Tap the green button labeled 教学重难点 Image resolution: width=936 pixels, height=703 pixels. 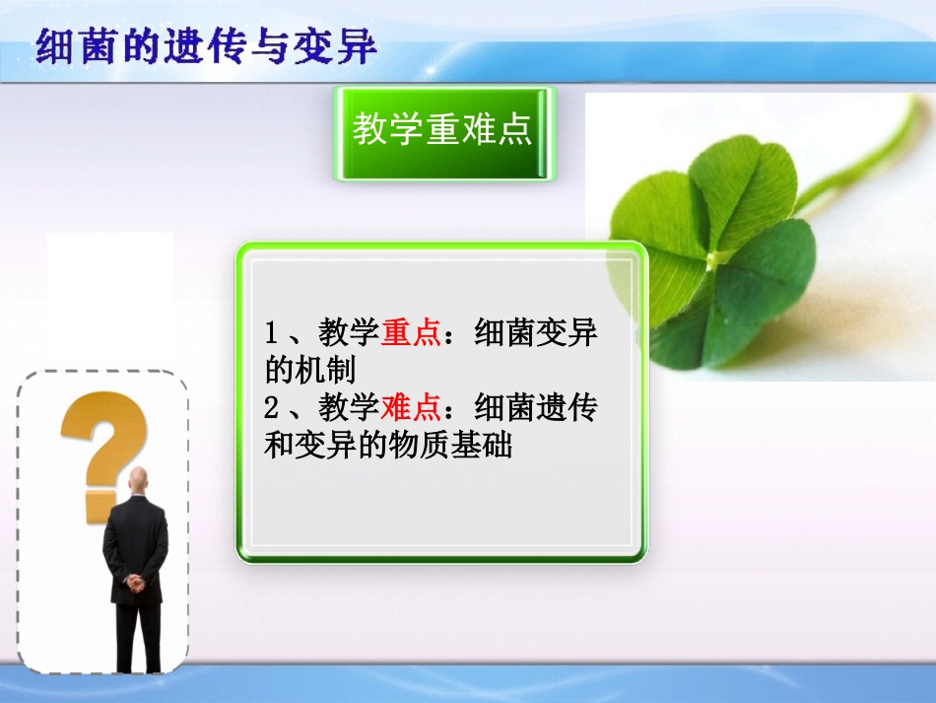(443, 132)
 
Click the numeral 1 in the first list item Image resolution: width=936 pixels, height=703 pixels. (272, 333)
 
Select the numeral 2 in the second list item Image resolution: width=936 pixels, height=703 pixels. (272, 407)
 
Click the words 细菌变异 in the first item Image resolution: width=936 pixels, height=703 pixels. (536, 333)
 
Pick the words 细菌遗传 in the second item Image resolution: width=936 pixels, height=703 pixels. (536, 407)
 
